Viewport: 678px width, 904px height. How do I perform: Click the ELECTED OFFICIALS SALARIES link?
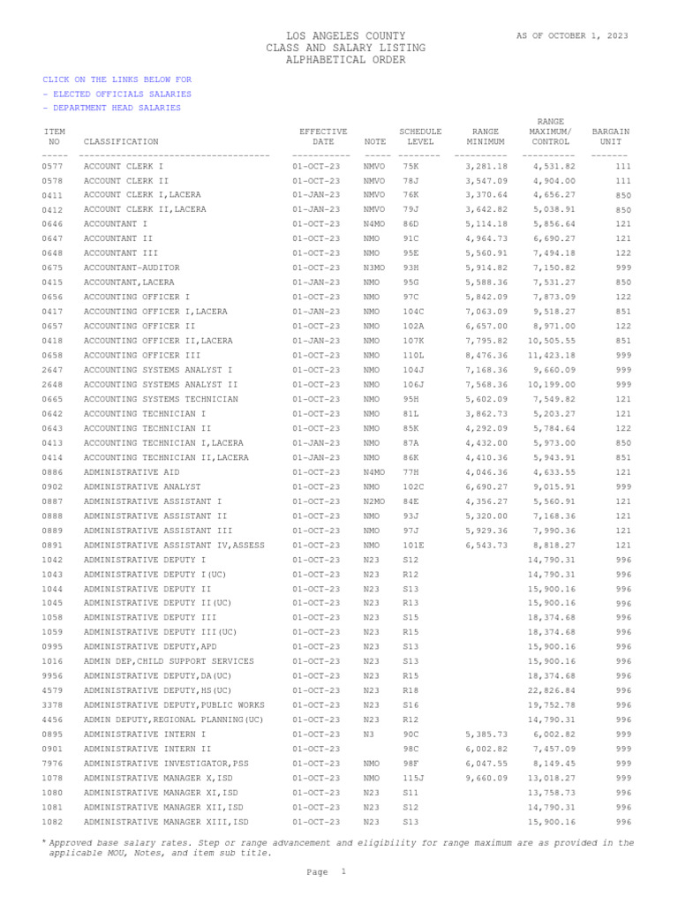click(x=119, y=94)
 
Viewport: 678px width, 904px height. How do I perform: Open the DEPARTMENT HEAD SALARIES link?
click(x=114, y=108)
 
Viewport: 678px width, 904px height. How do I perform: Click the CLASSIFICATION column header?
click(x=121, y=141)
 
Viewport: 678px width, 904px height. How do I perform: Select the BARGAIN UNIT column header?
click(x=610, y=136)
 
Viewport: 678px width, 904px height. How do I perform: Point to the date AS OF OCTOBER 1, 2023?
click(x=573, y=35)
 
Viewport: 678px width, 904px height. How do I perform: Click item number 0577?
click(x=51, y=166)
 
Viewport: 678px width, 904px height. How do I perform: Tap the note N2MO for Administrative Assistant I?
click(x=374, y=501)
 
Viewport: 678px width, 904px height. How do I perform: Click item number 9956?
click(x=51, y=676)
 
